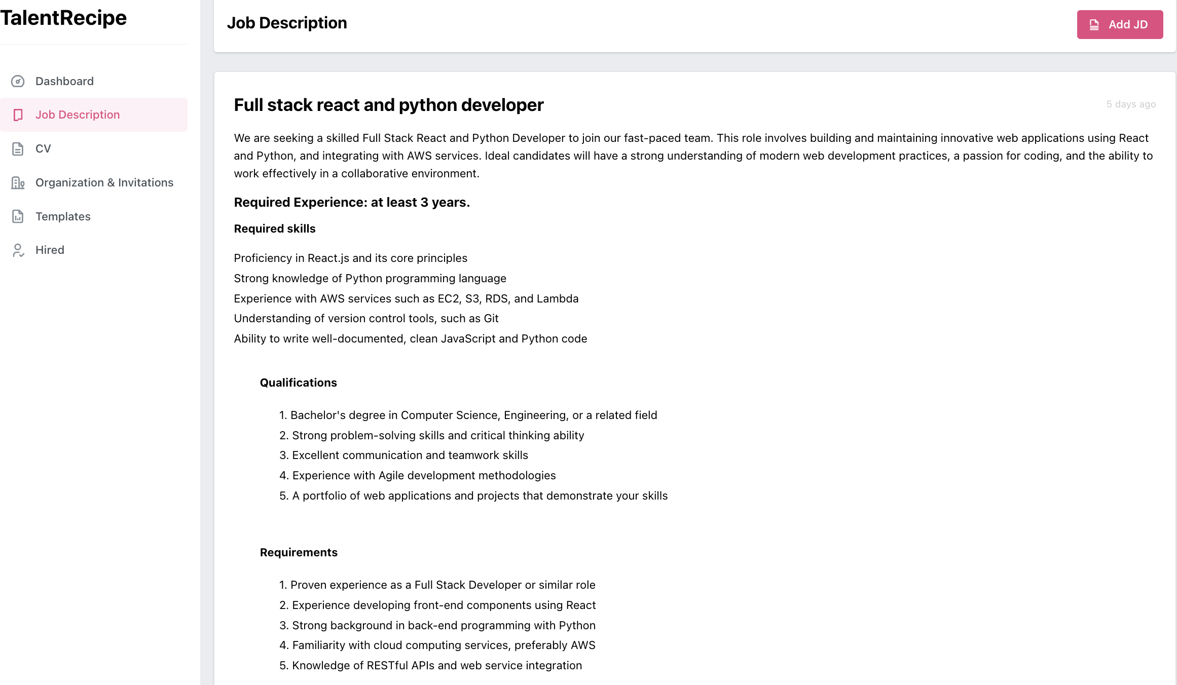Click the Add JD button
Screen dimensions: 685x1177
click(x=1119, y=24)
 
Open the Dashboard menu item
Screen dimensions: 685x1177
click(x=64, y=81)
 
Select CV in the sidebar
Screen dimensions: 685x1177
click(x=43, y=148)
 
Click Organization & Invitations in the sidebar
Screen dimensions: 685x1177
click(x=104, y=182)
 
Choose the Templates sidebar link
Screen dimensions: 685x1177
click(x=63, y=216)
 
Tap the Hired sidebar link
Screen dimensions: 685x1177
click(x=50, y=250)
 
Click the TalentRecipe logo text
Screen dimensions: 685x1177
click(x=63, y=18)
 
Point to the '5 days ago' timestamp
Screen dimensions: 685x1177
click(x=1130, y=104)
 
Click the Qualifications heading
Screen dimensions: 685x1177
click(x=298, y=383)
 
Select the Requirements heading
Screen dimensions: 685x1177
click(x=299, y=552)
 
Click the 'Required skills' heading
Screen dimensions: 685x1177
click(x=274, y=229)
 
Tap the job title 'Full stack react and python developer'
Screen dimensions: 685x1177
click(x=388, y=105)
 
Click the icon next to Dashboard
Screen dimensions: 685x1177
click(x=18, y=81)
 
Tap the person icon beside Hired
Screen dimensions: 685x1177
click(x=18, y=250)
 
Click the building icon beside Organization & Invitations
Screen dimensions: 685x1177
click(x=18, y=182)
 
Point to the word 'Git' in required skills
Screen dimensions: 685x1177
click(x=491, y=318)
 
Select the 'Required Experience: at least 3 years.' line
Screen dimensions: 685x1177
click(x=352, y=202)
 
